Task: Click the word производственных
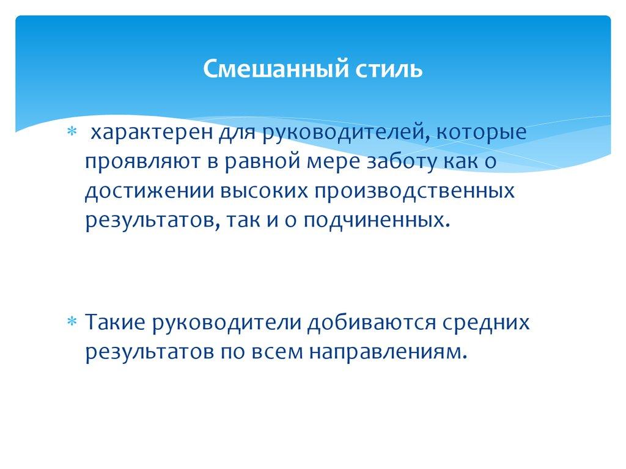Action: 414,191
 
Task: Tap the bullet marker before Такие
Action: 71,322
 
